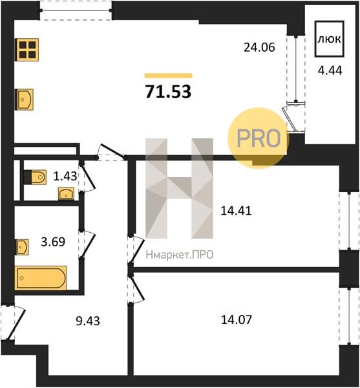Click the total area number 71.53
coord(169,92)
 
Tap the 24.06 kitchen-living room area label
coord(259,47)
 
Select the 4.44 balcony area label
coord(330,70)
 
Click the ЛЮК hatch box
coord(330,39)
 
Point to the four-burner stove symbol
coord(28,50)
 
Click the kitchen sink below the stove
coord(24,100)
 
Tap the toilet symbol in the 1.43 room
coord(36,177)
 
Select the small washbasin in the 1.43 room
coord(66,193)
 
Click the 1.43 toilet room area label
coord(65,176)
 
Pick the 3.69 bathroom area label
coord(53,242)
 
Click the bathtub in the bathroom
coord(41,278)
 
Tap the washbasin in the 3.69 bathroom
coord(22,247)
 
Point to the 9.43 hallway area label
coord(88,321)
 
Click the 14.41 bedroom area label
coord(236,211)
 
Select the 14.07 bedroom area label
coord(236,319)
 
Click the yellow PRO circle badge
coord(259,138)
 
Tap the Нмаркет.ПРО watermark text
coord(180,255)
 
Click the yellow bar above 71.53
coord(169,76)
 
